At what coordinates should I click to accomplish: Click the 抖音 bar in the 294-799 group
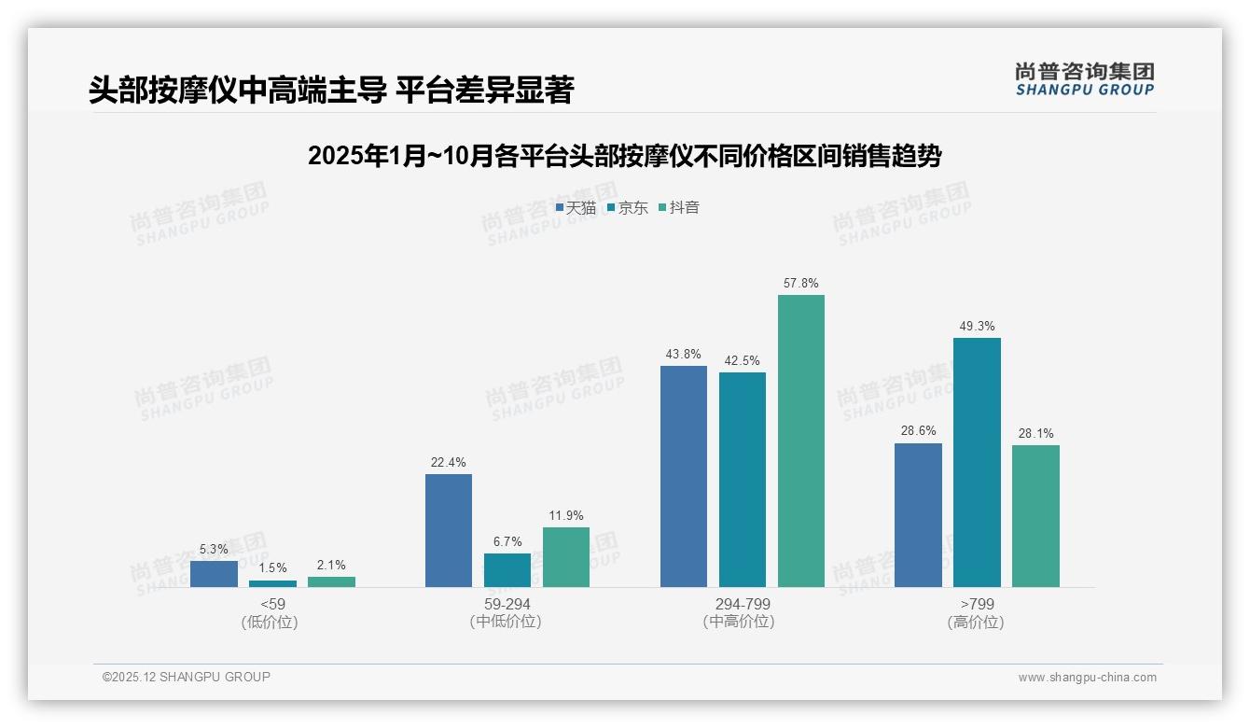tap(801, 441)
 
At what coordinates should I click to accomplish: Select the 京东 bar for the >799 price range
tap(977, 462)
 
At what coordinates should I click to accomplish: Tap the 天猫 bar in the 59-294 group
tap(449, 530)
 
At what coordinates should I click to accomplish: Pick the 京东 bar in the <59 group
tap(272, 583)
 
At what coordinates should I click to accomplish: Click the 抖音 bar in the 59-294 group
tap(566, 557)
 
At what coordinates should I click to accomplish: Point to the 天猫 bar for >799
tap(918, 515)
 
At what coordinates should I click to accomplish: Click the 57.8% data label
tap(801, 283)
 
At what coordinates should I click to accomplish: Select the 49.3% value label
tap(977, 326)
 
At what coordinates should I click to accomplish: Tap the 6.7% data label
tap(507, 541)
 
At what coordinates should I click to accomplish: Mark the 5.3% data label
tap(214, 549)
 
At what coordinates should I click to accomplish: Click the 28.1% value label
tap(1035, 433)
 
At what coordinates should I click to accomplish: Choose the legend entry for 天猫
tap(576, 208)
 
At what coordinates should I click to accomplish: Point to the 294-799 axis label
tap(743, 604)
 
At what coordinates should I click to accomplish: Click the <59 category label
tap(272, 604)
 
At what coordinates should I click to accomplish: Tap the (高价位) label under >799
tap(976, 623)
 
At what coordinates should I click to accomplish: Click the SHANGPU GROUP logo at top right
tap(1084, 79)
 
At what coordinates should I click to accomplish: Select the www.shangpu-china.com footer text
tap(1087, 678)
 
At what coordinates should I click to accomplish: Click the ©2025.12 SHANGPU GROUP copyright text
tap(187, 677)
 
